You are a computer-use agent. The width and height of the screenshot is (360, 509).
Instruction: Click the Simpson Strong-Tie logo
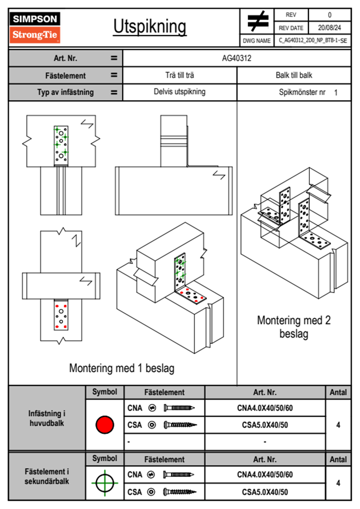[x=34, y=27]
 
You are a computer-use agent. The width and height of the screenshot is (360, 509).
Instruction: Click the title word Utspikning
[x=150, y=27]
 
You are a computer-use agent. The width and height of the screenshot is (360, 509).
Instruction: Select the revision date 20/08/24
[x=329, y=28]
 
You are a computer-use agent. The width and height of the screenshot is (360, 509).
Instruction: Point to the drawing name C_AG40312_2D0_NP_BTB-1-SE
[x=313, y=41]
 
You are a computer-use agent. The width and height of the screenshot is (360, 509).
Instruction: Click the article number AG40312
[x=237, y=58]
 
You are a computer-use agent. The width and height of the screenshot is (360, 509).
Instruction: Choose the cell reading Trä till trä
[x=179, y=75]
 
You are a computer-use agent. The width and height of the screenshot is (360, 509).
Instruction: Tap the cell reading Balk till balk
[x=294, y=75]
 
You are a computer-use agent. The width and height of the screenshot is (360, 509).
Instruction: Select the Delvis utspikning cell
[x=179, y=92]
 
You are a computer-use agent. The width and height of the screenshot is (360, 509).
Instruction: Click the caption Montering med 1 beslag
[x=122, y=368]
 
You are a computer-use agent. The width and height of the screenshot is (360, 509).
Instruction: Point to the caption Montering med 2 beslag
[x=294, y=327]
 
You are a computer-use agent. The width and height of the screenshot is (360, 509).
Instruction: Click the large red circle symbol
[x=105, y=425]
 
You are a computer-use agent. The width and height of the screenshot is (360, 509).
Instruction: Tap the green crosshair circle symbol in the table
[x=105, y=483]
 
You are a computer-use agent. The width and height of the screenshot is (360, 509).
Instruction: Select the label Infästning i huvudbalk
[x=47, y=418]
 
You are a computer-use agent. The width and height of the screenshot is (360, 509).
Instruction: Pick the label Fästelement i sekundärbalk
[x=47, y=476]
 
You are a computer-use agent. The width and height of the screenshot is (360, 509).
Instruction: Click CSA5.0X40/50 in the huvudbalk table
[x=265, y=425]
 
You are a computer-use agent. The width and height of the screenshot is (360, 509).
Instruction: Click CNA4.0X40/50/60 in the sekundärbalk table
[x=265, y=475]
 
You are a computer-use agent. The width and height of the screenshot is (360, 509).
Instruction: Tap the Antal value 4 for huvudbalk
[x=338, y=425]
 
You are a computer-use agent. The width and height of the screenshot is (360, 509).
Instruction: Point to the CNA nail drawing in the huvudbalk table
[x=179, y=408]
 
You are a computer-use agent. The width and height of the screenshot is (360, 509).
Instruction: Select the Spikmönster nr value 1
[x=336, y=93]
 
